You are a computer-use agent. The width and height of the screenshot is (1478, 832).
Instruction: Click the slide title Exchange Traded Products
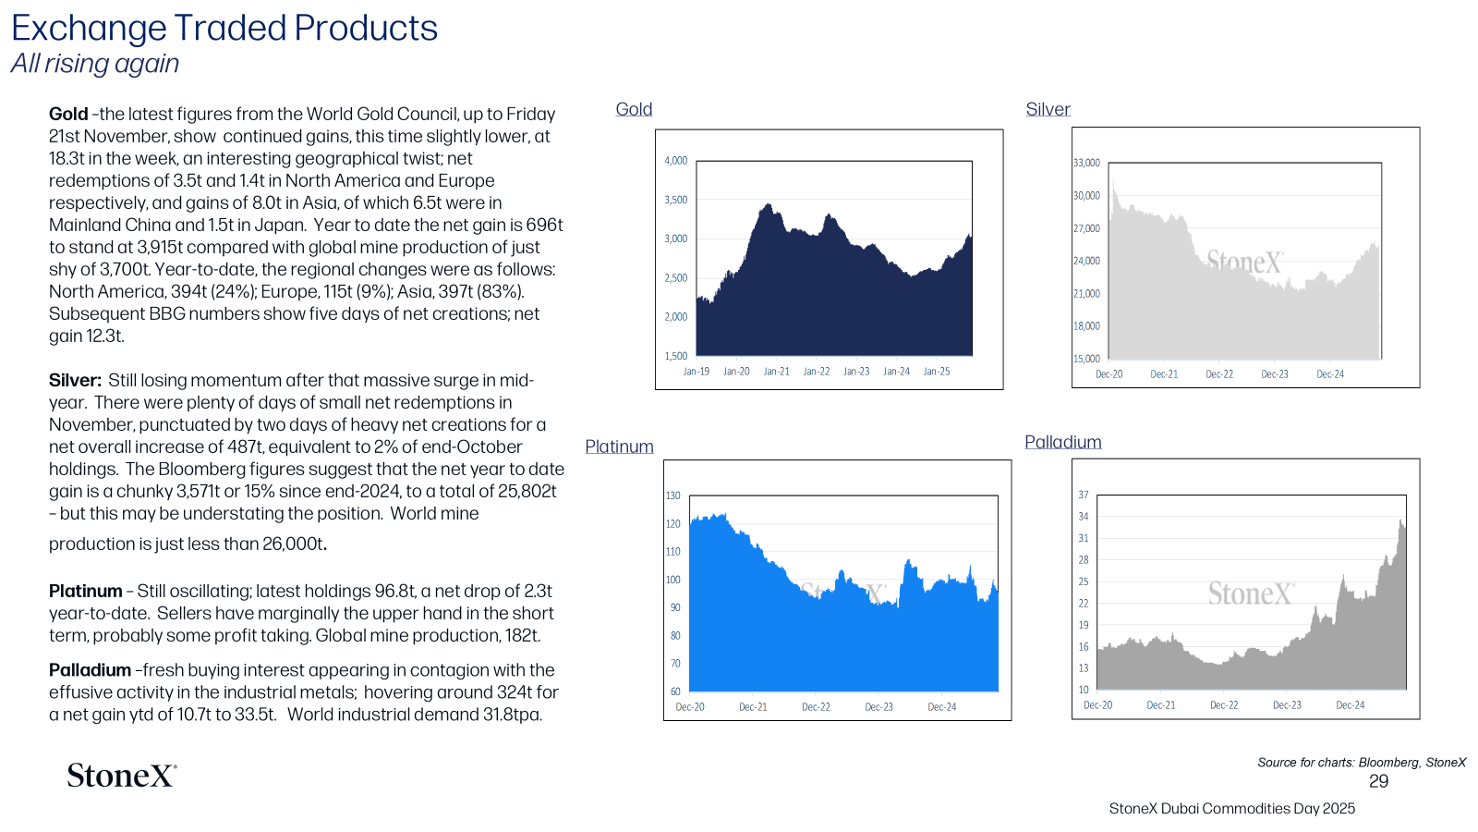pyautogui.click(x=224, y=29)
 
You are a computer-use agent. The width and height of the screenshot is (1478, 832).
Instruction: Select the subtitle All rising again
pyautogui.click(x=95, y=64)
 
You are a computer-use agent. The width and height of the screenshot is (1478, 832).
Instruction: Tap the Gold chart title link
pyautogui.click(x=634, y=109)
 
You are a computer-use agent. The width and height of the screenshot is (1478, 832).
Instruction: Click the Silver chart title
pyautogui.click(x=1048, y=109)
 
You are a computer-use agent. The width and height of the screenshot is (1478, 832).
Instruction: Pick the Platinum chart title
pyautogui.click(x=619, y=447)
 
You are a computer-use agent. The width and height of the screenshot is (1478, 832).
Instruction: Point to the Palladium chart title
pyautogui.click(x=1063, y=442)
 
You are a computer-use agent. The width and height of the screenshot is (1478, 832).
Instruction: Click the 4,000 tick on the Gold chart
pyautogui.click(x=675, y=161)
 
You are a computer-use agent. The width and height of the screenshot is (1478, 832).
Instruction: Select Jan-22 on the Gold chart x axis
pyautogui.click(x=817, y=371)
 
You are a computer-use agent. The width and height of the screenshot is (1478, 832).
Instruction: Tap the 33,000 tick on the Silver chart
pyautogui.click(x=1086, y=163)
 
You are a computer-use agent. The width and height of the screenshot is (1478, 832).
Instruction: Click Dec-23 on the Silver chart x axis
pyautogui.click(x=1275, y=373)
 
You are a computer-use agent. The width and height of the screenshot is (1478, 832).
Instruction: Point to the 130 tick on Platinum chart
pyautogui.click(x=672, y=496)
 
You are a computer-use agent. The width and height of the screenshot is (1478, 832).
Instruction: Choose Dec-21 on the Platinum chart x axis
pyautogui.click(x=753, y=706)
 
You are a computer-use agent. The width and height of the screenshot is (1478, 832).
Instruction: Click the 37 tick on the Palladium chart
pyautogui.click(x=1084, y=495)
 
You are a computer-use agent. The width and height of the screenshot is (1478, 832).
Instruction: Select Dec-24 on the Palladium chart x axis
pyautogui.click(x=1350, y=704)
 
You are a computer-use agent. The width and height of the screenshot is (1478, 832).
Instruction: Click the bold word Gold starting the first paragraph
pyautogui.click(x=68, y=115)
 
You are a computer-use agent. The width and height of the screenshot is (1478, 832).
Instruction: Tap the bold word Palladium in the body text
pyautogui.click(x=90, y=670)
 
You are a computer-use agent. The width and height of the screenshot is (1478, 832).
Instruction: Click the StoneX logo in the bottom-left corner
pyautogui.click(x=121, y=776)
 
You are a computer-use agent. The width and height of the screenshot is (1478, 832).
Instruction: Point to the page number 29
pyautogui.click(x=1378, y=782)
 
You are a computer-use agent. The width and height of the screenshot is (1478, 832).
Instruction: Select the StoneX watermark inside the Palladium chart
pyautogui.click(x=1251, y=593)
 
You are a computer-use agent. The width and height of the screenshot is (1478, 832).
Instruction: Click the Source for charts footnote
pyautogui.click(x=1362, y=763)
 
